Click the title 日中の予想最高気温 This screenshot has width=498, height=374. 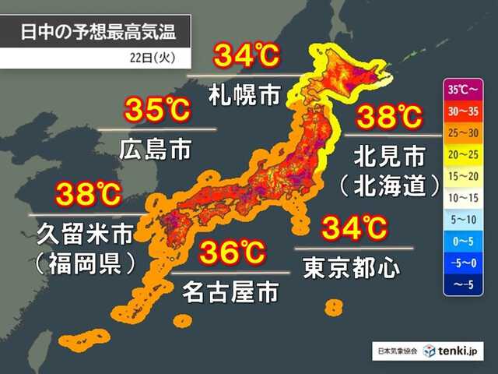[x=97, y=32]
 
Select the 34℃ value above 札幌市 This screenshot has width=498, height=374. [x=245, y=57]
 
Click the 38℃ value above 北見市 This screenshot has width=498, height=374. [x=389, y=118]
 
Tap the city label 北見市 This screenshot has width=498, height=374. [x=389, y=156]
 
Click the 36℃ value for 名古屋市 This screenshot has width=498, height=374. [x=233, y=254]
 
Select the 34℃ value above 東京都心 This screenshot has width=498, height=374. [x=355, y=229]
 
